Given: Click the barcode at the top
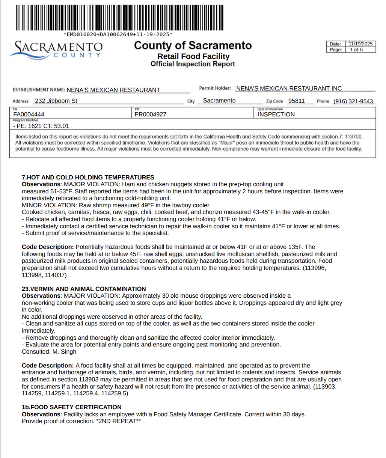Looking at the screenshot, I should click(x=120, y=18).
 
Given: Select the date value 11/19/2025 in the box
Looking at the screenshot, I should click(x=360, y=44).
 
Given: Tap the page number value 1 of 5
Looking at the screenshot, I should click(x=356, y=50).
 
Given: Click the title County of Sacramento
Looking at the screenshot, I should click(x=193, y=45).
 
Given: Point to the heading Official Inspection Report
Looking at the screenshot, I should click(x=193, y=64).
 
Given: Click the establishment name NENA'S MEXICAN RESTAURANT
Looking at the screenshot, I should click(x=113, y=90).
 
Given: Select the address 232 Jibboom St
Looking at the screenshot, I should click(x=56, y=101).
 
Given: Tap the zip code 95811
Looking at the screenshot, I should click(x=296, y=101).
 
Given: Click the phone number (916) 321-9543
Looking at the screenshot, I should click(x=353, y=101).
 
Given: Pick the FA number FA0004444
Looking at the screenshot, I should click(x=29, y=114).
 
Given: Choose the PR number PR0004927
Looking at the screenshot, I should click(x=151, y=114).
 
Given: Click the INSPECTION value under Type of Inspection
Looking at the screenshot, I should click(x=276, y=114).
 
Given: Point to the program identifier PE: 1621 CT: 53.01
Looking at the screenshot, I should click(x=41, y=126).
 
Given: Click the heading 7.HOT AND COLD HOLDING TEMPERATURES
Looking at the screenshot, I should click(x=88, y=177).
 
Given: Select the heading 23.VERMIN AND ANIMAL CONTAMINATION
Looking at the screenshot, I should click(x=84, y=289).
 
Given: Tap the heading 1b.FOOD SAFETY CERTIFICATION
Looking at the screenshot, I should click(x=71, y=407).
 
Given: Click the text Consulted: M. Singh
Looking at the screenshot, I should click(x=49, y=352).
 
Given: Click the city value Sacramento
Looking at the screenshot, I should click(x=219, y=101).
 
